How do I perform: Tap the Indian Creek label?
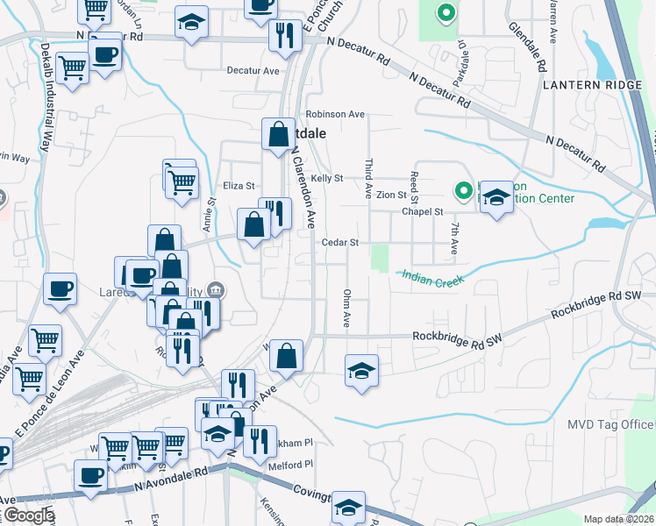[431, 275]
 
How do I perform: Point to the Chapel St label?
[424, 211]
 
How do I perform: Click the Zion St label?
[390, 195]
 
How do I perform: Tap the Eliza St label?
[239, 186]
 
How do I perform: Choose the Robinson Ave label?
[335, 114]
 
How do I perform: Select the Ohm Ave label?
[347, 309]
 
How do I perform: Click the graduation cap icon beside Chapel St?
[496, 195]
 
